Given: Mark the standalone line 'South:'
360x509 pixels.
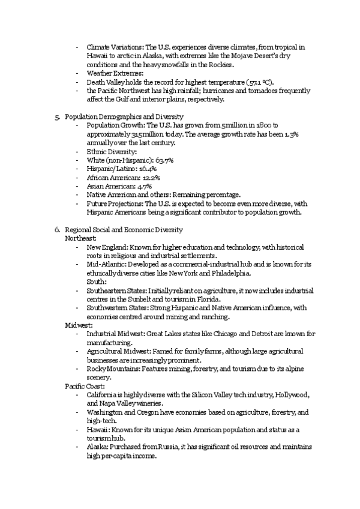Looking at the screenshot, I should pyautogui.click(x=97, y=282).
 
